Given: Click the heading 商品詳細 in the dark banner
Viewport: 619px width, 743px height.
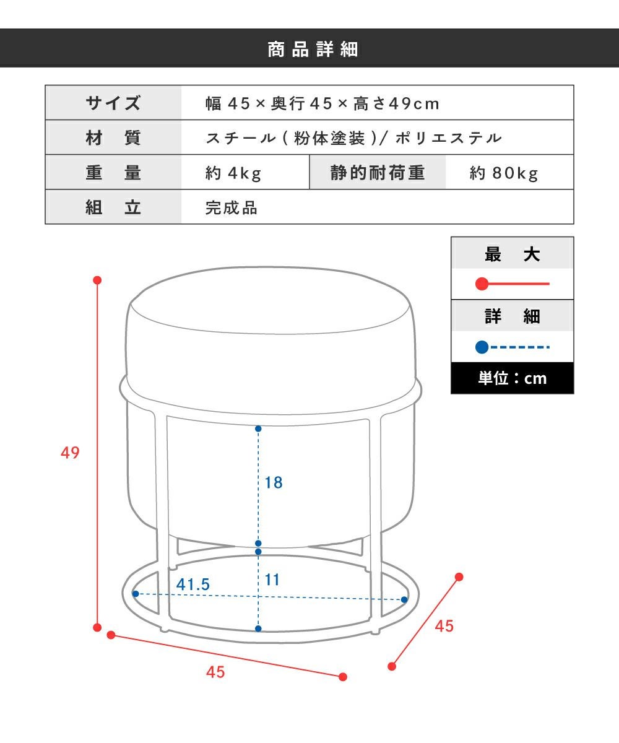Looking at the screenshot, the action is (313, 49).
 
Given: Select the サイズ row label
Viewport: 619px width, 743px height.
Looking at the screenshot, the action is (113, 103).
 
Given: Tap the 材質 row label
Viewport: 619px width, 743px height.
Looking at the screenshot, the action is (113, 137).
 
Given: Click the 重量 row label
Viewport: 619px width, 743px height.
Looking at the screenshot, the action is (113, 173).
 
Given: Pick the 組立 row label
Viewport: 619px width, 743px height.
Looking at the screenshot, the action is (113, 207).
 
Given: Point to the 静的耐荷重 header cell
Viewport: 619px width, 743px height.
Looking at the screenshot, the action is (378, 173).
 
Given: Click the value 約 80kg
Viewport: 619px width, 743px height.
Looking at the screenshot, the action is (504, 173).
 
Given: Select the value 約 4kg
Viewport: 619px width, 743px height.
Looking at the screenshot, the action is (233, 173).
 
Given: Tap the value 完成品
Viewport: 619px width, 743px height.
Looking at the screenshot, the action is (232, 208).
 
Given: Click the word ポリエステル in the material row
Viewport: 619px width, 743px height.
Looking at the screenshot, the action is (449, 138).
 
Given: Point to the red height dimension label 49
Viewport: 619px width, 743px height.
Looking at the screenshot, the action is (70, 453).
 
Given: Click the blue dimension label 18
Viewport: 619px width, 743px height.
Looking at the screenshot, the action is (274, 483).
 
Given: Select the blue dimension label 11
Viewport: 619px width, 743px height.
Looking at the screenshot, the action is (272, 580).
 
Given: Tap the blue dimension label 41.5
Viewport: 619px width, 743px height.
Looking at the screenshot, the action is (193, 584).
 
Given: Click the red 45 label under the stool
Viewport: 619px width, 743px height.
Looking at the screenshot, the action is (215, 672).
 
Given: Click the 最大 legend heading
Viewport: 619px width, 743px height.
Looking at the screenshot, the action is (513, 254).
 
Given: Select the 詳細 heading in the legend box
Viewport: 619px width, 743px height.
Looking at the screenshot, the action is (513, 316).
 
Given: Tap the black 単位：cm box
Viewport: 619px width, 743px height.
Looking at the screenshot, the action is (513, 378).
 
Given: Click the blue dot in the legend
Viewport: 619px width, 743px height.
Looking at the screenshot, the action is (482, 347).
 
